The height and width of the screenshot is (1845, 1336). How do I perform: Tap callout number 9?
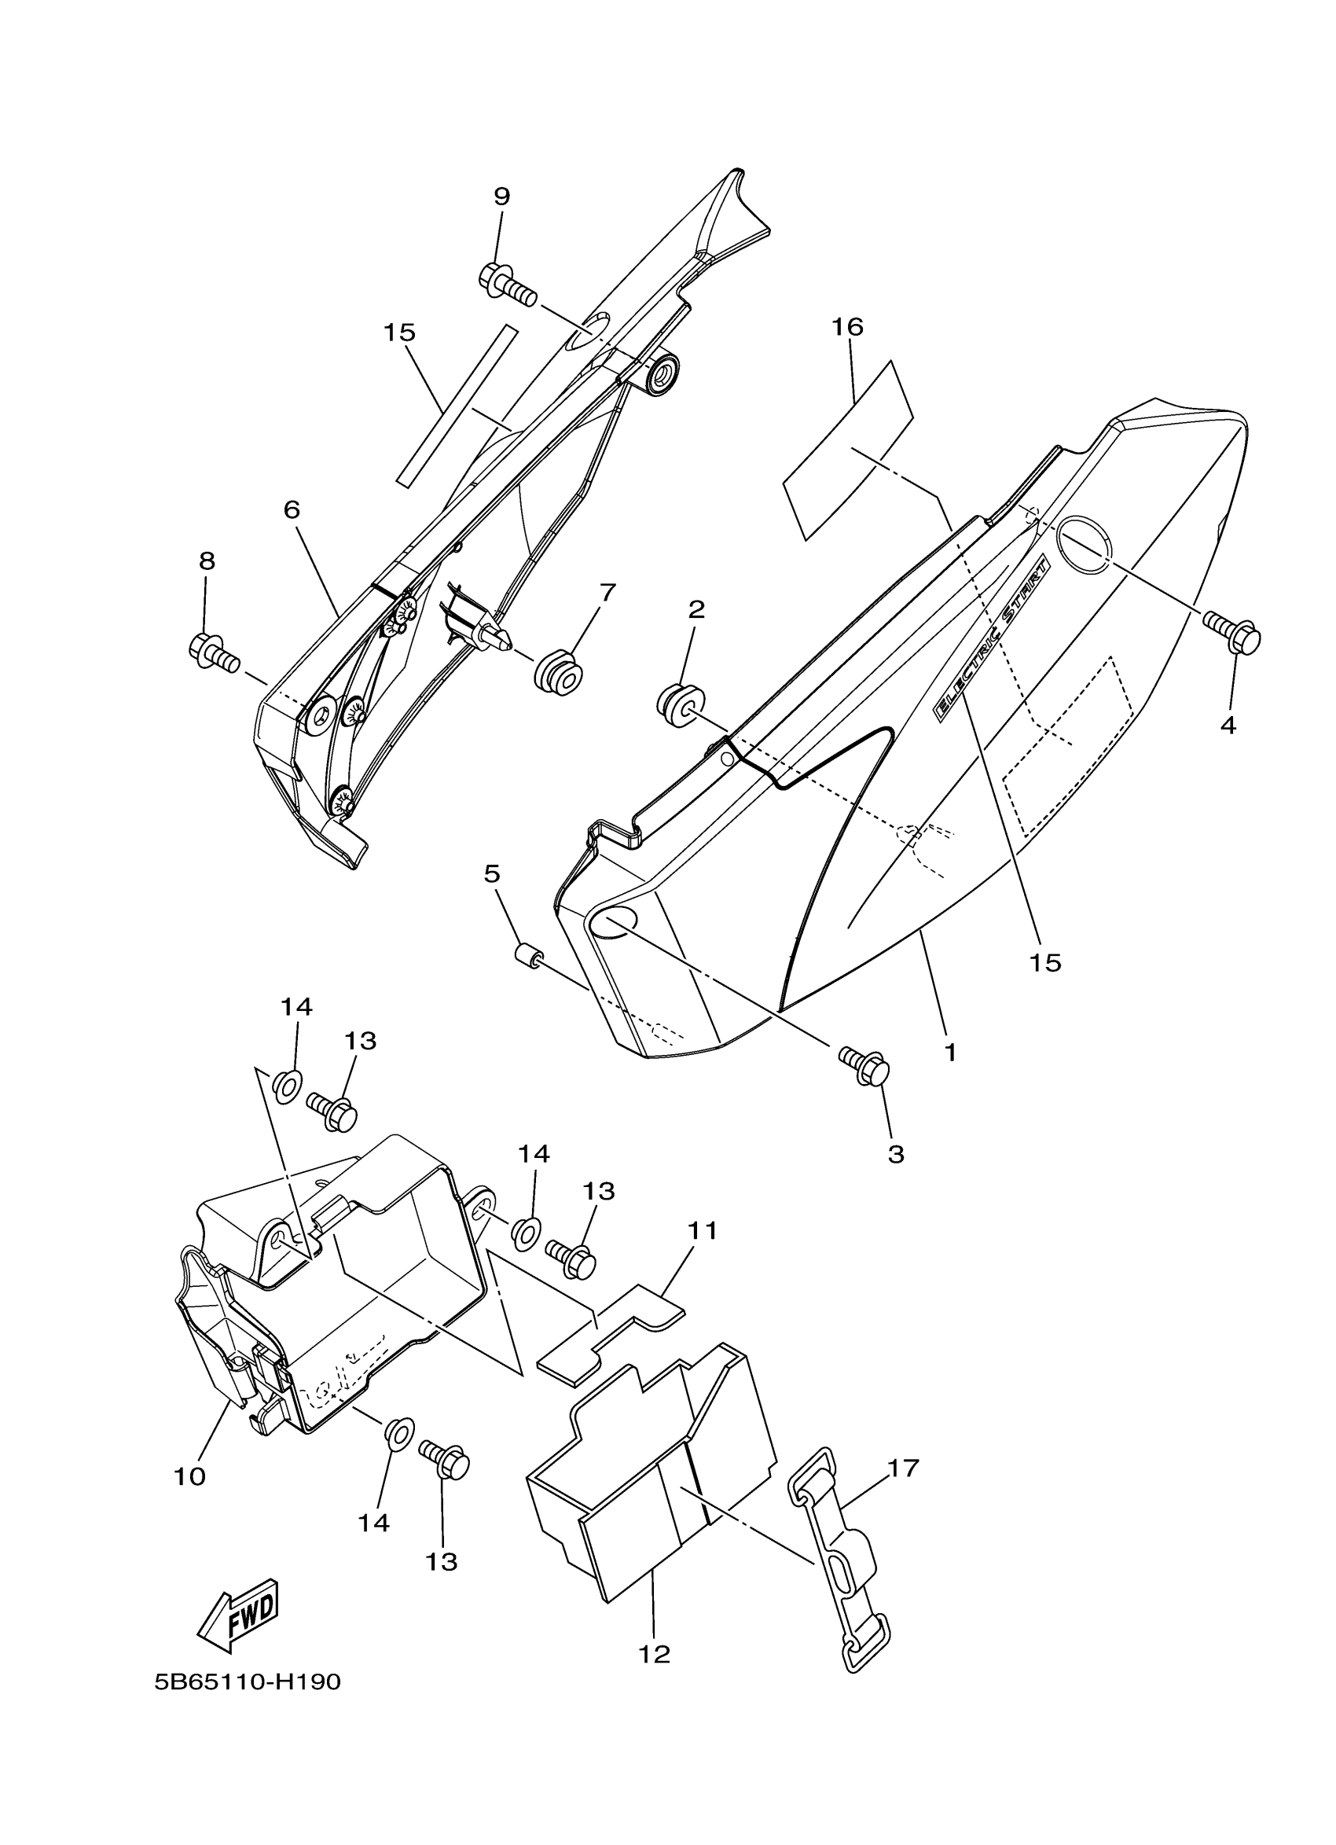[501, 196]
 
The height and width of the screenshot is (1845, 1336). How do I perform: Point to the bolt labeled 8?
[212, 652]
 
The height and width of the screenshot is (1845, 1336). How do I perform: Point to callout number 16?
[847, 327]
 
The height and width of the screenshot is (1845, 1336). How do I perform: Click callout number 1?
[950, 1052]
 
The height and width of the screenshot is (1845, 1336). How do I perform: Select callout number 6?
[292, 510]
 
